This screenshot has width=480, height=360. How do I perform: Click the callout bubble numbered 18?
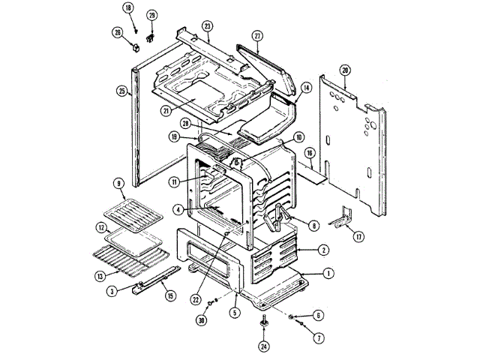pyautogui.click(x=127, y=7)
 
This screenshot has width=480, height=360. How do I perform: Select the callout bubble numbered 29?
pyautogui.click(x=151, y=15)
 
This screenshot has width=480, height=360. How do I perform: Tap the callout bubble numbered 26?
pyautogui.click(x=118, y=32)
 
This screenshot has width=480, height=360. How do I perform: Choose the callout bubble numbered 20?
pyautogui.click(x=344, y=70)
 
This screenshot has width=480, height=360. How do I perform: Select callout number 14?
pyautogui.click(x=306, y=87)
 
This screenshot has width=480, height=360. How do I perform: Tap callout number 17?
pyautogui.click(x=358, y=237)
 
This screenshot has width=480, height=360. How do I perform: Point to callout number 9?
pyautogui.click(x=118, y=183)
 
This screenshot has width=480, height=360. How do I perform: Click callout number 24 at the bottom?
pyautogui.click(x=264, y=346)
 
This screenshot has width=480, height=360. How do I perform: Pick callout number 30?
pyautogui.click(x=202, y=320)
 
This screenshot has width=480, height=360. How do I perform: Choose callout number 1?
pyautogui.click(x=328, y=273)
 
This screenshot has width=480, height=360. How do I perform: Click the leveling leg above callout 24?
pyautogui.click(x=265, y=322)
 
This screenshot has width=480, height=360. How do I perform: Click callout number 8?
pyautogui.click(x=313, y=224)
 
